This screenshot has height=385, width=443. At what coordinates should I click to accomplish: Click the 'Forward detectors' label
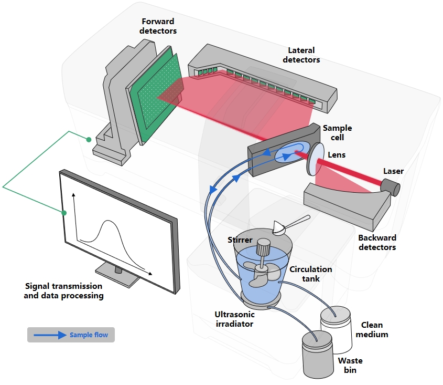pyautogui.click(x=158, y=26)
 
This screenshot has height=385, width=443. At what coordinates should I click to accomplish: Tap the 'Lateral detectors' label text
pyautogui.click(x=301, y=55)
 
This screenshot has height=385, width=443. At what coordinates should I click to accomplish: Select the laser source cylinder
pyautogui.click(x=390, y=186)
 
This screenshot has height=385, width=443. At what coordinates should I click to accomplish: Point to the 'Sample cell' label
pyautogui.click(x=337, y=132)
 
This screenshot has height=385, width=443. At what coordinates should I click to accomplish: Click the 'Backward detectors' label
pyautogui.click(x=377, y=242)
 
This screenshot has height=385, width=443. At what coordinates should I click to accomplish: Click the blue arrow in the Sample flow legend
pyautogui.click(x=50, y=335)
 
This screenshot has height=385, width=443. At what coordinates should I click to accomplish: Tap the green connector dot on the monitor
pyautogui.click(x=64, y=213)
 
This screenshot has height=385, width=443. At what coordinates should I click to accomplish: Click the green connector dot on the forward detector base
pyautogui.click(x=89, y=139)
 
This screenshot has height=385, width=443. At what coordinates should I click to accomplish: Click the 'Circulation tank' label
pyautogui.click(x=311, y=274)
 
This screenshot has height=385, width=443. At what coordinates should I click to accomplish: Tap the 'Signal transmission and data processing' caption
pyautogui.click(x=64, y=291)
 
